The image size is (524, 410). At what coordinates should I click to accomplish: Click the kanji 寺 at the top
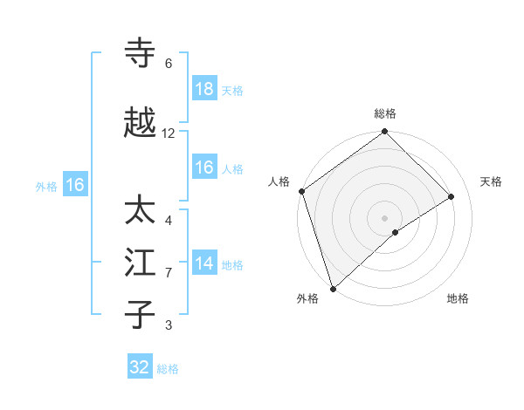pos(141,53)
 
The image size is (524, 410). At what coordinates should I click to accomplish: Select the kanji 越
pos(141,123)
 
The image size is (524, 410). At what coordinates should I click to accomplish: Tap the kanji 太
pos(141,211)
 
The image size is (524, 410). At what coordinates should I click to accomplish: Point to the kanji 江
pos(141,263)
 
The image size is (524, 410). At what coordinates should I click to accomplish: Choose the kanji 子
pos(141,313)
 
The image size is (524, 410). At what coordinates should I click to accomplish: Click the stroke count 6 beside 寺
pos(169,64)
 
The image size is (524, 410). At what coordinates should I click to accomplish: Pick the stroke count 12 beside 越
pos(169,133)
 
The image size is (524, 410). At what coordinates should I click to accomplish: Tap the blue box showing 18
pos(204,89)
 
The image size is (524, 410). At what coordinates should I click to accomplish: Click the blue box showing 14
pos(204,263)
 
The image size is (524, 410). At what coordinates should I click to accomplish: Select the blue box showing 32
pos(140,367)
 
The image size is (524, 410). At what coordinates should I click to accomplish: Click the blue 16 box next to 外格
pos(74,185)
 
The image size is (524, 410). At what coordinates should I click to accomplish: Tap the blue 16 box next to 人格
pos(204,167)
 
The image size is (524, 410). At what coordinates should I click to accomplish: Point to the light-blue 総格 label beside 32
pos(168,369)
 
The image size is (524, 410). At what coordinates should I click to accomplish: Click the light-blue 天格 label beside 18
pos(232,91)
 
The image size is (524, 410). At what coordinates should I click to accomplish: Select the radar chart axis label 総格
pos(385,113)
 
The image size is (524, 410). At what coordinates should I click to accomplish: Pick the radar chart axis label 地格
pos(458,299)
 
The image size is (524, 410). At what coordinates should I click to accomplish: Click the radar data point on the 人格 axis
pos(301,191)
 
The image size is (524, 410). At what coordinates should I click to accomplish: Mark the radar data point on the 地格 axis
pos(396,232)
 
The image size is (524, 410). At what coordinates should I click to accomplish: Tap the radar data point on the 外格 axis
pos(333,288)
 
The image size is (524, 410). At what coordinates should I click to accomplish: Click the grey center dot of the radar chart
pos(384,217)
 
